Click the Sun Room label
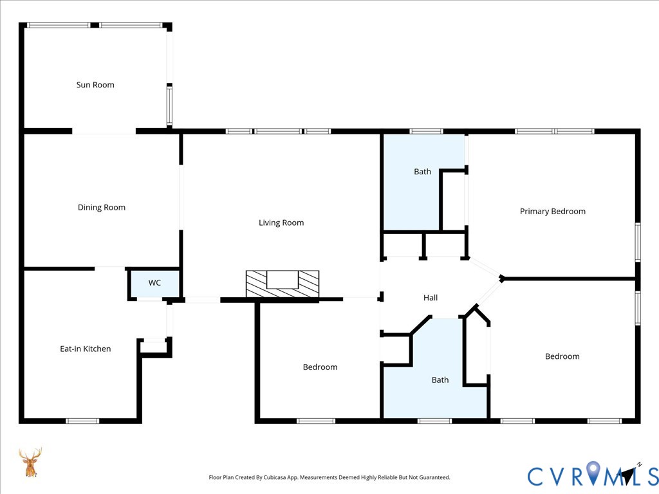[95, 85]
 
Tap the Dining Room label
[101, 208]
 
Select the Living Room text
[281, 223]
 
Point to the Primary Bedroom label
[553, 211]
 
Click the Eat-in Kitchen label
[86, 349]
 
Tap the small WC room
[154, 283]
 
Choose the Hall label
[431, 298]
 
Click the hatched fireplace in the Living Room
[283, 284]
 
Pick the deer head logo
[30, 462]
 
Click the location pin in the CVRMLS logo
[593, 472]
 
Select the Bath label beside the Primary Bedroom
[422, 171]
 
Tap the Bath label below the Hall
[440, 380]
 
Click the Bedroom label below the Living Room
[320, 367]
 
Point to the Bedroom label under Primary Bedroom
[562, 356]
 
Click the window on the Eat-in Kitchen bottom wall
[82, 421]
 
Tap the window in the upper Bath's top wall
[426, 131]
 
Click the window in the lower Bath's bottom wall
[434, 421]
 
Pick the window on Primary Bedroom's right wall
[638, 242]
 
